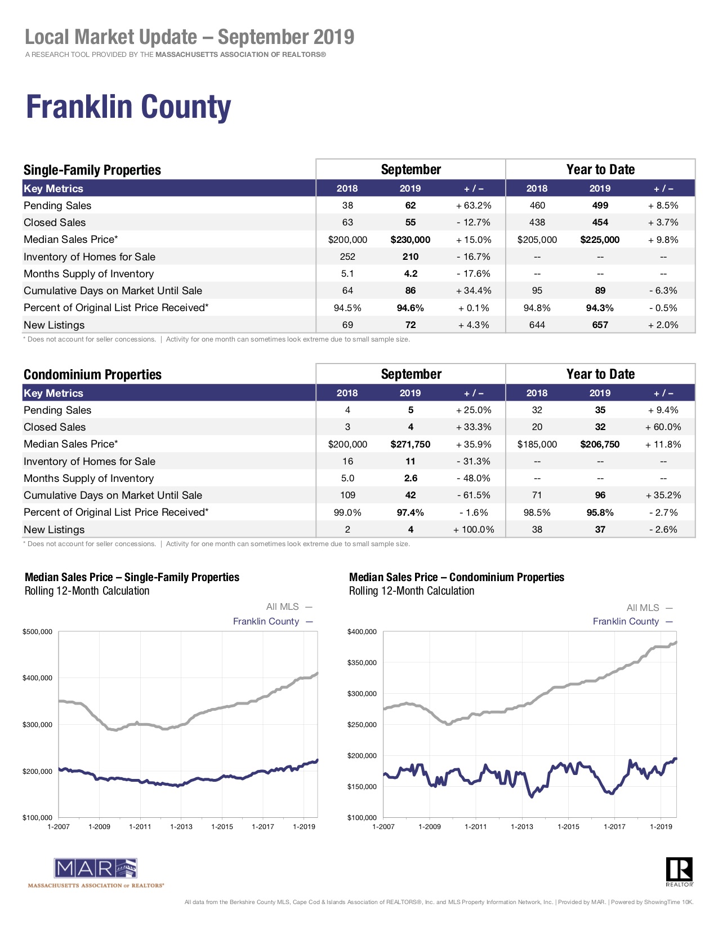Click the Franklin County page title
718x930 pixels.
point(128,107)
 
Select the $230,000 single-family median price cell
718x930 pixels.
point(410,240)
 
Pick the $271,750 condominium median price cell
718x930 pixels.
point(410,444)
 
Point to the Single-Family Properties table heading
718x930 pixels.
point(92,170)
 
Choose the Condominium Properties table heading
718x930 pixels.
point(92,374)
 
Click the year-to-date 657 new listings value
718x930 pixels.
point(600,325)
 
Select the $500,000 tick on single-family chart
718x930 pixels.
point(38,632)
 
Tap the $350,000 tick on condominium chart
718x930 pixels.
point(362,663)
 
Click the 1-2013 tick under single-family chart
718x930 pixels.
point(181,826)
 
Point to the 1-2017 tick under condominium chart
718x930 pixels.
point(614,826)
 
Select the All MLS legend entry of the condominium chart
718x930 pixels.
point(643,608)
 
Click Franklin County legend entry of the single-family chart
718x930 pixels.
point(266,621)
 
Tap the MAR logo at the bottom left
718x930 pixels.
point(96,869)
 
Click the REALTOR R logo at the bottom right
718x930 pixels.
point(679,870)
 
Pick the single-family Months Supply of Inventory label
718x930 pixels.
point(88,274)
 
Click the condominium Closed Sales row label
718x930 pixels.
point(55,427)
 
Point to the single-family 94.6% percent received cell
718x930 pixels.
point(410,308)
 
